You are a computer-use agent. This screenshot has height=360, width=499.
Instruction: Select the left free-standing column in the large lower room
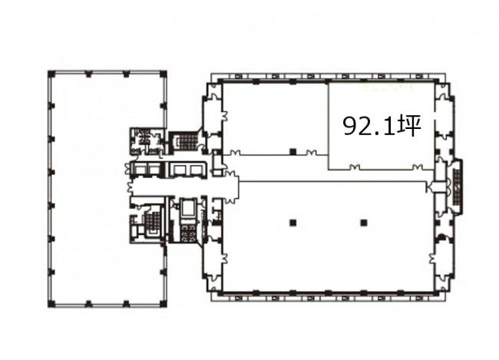293,223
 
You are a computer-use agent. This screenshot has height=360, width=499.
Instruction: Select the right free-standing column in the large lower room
363,223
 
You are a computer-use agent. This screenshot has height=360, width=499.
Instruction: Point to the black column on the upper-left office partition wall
293,152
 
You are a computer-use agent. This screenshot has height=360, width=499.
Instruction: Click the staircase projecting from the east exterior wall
458,187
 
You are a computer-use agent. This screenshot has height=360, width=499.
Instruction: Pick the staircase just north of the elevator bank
188,141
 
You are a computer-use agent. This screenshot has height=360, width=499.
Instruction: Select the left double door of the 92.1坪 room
355,167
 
